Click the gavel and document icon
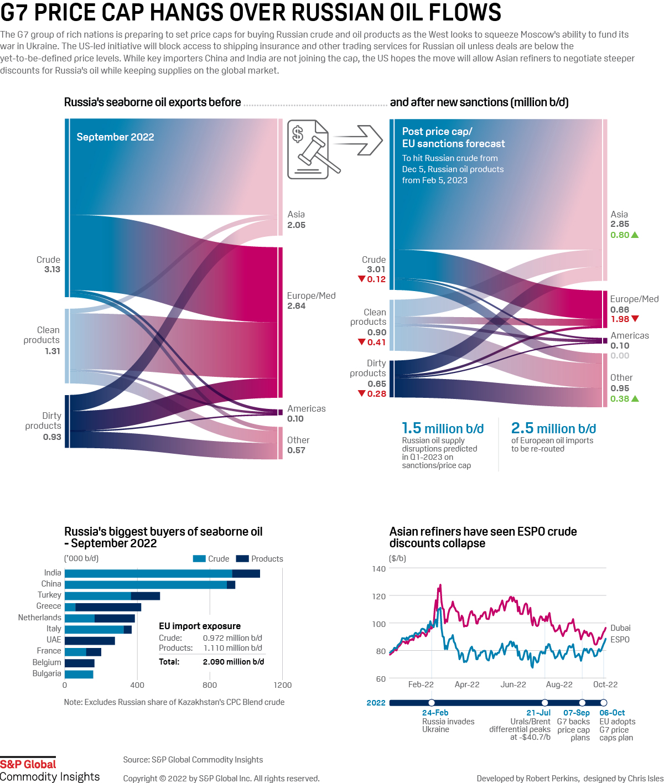(310, 149)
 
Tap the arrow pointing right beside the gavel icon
(359, 141)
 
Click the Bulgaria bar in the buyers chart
(79, 674)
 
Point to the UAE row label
(54, 640)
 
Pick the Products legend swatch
(242, 559)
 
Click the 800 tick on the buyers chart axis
(210, 685)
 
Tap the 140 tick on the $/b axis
(379, 569)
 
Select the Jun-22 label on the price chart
(513, 685)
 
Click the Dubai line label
(620, 628)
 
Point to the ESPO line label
(620, 640)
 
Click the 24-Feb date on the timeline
(435, 713)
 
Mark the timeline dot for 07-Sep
(582, 703)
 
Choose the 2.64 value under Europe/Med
(297, 306)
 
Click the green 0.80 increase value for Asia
(620, 235)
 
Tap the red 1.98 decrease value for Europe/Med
(620, 319)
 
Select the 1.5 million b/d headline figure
(443, 429)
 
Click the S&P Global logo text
(28, 764)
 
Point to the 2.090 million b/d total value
(234, 662)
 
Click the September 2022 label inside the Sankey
(115, 137)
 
